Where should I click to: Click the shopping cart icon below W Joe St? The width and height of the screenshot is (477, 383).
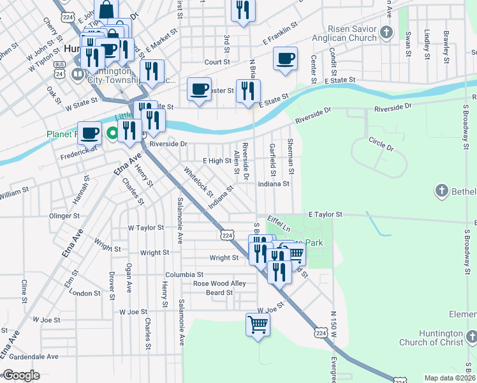click(258, 324)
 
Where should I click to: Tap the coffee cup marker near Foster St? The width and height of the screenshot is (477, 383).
click(199, 89)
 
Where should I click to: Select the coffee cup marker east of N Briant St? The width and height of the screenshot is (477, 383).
click(285, 58)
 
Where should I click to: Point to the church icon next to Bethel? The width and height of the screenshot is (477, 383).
click(441, 191)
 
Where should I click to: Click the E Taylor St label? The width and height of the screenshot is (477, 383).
click(325, 215)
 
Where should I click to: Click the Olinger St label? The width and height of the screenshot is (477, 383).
click(63, 216)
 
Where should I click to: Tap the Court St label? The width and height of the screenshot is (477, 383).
click(217, 63)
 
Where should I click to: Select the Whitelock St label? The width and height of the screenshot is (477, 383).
click(198, 181)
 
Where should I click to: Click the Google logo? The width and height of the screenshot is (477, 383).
click(21, 376)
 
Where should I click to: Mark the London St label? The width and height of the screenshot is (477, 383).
click(80, 293)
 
